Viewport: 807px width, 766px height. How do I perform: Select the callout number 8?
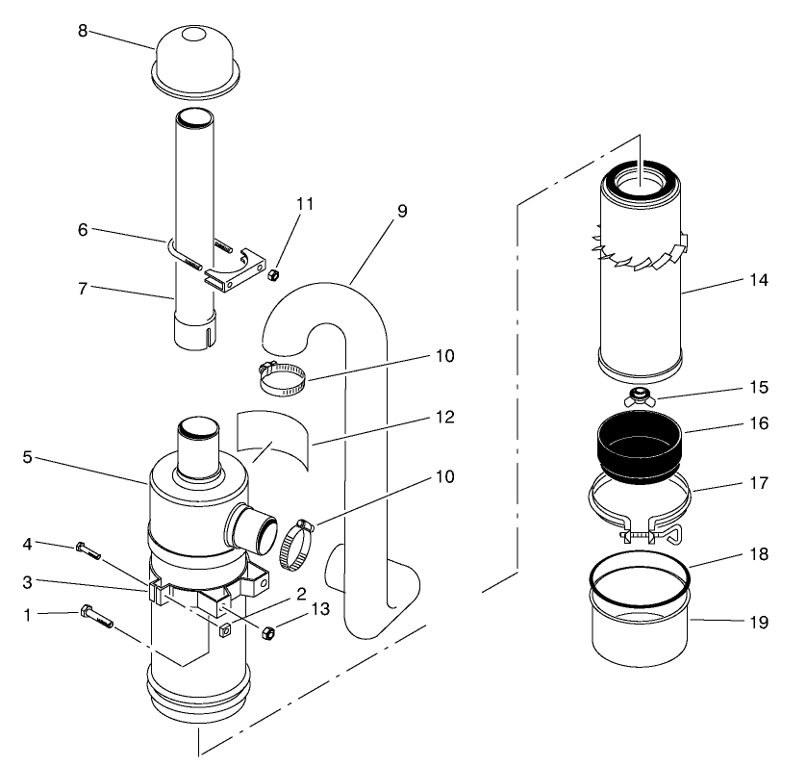pyautogui.click(x=83, y=30)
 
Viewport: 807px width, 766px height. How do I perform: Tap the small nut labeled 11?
pyautogui.click(x=272, y=276)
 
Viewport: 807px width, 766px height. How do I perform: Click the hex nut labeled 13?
pyautogui.click(x=270, y=632)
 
